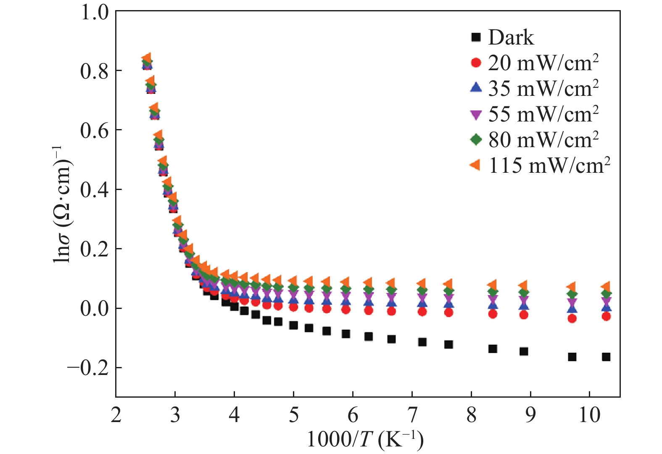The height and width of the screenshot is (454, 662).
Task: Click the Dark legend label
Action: (511, 37)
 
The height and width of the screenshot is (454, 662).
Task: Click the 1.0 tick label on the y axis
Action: (95, 12)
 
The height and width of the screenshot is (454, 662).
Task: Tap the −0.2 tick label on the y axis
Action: (88, 368)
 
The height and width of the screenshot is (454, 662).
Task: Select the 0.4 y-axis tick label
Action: (95, 190)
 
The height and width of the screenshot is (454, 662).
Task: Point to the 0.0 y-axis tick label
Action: (95, 309)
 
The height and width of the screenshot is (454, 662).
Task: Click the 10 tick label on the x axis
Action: (589, 415)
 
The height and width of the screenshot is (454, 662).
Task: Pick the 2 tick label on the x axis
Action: (116, 415)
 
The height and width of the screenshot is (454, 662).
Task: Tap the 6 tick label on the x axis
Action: (353, 415)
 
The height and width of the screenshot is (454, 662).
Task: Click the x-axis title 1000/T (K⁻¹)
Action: (365, 439)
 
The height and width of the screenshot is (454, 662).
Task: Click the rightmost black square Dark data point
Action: (606, 357)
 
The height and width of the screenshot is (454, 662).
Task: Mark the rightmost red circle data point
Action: (606, 317)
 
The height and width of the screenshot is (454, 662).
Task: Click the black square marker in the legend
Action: (476, 37)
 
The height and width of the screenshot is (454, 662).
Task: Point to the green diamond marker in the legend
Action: (476, 140)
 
